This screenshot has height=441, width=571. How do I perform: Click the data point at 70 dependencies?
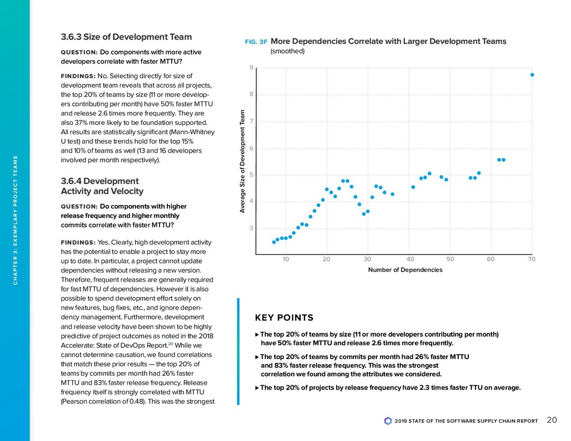(x=532, y=75)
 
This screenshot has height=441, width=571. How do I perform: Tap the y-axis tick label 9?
(x=251, y=67)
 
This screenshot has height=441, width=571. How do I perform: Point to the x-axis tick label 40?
(x=410, y=259)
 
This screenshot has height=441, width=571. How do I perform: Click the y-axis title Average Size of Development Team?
(x=243, y=161)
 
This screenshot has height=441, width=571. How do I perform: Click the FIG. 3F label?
(x=256, y=42)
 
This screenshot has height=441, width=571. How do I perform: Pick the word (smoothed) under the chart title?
(x=287, y=51)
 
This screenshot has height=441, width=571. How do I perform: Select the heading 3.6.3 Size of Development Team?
(x=126, y=37)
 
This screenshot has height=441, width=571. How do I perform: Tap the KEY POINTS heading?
(x=284, y=318)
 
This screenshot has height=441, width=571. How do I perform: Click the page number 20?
(x=552, y=420)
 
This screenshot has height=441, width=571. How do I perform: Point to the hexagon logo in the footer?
(x=388, y=421)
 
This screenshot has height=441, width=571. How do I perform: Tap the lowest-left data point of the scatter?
(x=274, y=242)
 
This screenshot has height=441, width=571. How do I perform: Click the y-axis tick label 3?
(x=251, y=228)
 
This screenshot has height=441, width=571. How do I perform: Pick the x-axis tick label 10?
(x=285, y=259)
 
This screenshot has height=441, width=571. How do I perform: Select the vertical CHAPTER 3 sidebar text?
(x=15, y=220)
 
